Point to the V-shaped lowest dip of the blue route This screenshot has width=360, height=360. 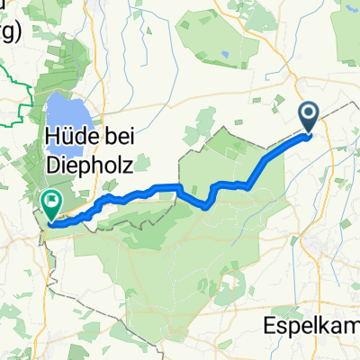click(209, 205)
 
